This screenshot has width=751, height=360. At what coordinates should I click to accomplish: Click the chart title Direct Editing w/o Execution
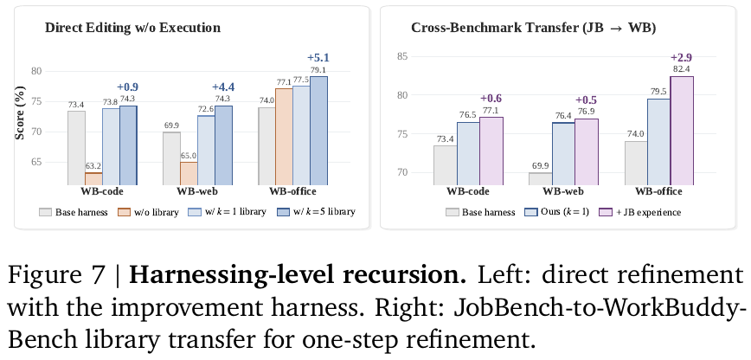click(132, 28)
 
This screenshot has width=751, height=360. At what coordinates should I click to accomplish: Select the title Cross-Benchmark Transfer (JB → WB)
click(534, 28)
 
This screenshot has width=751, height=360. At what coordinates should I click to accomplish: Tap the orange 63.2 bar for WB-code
click(93, 179)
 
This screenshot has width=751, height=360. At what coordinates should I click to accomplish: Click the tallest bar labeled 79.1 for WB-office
click(318, 131)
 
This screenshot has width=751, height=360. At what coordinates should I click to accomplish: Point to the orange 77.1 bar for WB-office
click(284, 137)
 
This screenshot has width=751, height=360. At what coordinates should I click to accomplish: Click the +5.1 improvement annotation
click(318, 58)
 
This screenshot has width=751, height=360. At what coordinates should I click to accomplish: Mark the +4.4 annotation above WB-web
click(224, 87)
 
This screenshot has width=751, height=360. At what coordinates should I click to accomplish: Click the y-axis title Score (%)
click(20, 112)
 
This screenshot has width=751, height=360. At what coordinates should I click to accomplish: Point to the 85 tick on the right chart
click(402, 56)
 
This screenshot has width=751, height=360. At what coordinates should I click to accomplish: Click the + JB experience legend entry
click(640, 212)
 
